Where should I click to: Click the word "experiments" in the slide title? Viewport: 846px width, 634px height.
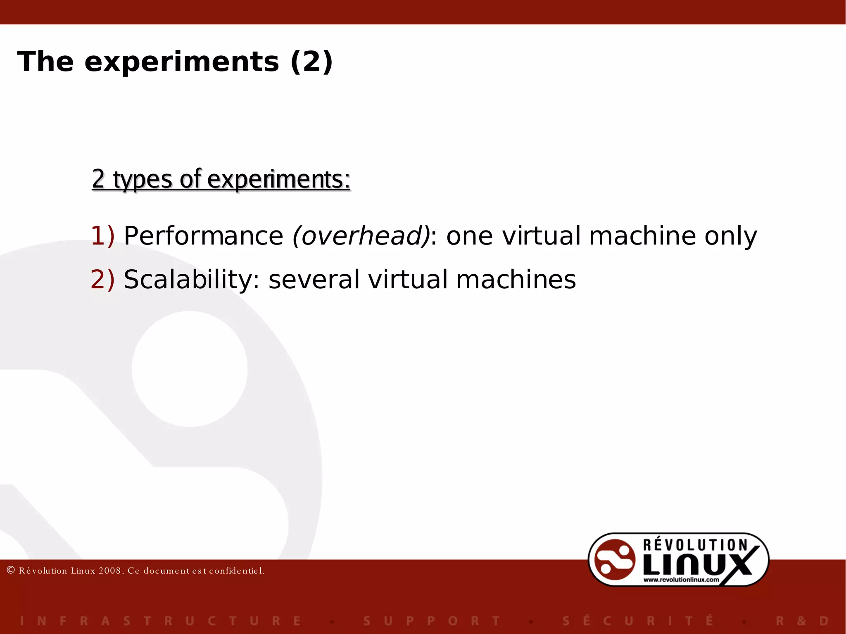pos(182,62)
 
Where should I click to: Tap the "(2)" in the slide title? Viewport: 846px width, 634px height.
pos(311,62)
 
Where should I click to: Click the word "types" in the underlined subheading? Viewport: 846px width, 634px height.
pos(143,180)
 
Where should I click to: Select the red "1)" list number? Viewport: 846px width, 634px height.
pos(102,236)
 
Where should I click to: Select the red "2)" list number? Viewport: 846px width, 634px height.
pos(102,280)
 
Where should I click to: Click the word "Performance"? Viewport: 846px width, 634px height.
pos(204,236)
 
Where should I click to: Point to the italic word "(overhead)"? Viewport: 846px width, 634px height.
pos(361,236)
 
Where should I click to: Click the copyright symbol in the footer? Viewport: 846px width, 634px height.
pos(11,570)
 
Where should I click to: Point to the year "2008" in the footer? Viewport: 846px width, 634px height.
pos(109,571)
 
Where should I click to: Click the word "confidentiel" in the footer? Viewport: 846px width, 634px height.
pos(236,571)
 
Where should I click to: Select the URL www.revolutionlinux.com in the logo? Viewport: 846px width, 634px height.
pos(681,579)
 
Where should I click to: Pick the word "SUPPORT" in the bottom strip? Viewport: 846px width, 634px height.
pos(432,621)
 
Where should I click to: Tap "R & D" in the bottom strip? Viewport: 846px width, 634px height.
pos(802,621)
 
